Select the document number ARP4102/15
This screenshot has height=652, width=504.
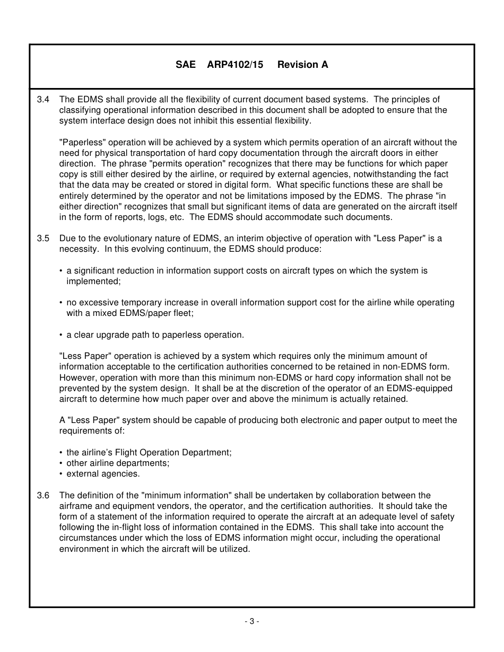pos(235,65)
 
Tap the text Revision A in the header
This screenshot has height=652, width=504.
pos(302,65)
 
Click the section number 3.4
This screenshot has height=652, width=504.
pos(43,100)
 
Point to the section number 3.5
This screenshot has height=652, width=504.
pos(43,239)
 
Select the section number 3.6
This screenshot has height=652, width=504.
pos(43,496)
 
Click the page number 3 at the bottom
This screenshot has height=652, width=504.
pos(252,621)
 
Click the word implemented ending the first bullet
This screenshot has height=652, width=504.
pos(93,281)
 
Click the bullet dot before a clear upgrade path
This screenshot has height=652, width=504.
pos(61,335)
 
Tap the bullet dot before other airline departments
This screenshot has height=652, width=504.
pos(61,463)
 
